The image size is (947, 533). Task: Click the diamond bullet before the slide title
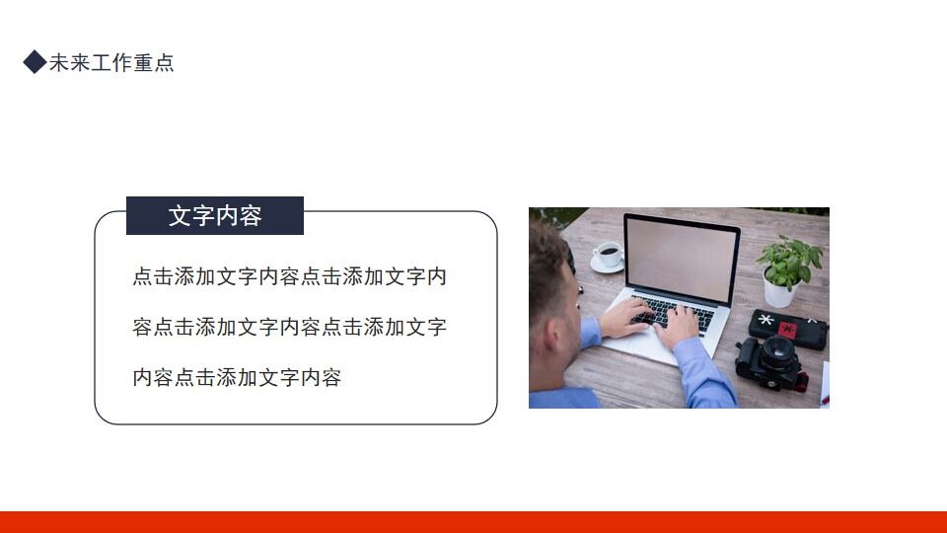35,63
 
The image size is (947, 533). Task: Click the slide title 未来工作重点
111,63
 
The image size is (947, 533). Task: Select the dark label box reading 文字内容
215,216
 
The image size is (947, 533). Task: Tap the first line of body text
289,276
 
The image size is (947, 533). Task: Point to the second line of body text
289,327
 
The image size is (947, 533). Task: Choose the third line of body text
237,377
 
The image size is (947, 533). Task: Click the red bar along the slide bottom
473,522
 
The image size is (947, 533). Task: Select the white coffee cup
609,255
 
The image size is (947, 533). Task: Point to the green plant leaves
790,259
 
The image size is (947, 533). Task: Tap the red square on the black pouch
787,327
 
